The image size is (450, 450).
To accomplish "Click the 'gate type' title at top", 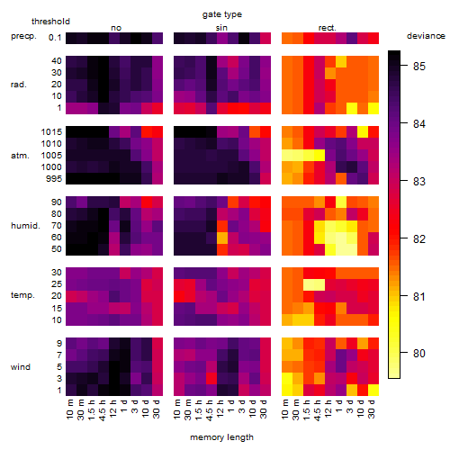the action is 222,14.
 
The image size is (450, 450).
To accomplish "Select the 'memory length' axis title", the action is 221,437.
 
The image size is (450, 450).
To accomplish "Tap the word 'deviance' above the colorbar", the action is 426,36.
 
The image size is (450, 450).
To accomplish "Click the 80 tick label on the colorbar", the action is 419,353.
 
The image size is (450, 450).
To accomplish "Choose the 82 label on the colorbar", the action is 419,239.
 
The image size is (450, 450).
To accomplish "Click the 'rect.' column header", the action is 328,28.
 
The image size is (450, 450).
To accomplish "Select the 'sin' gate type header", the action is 221,28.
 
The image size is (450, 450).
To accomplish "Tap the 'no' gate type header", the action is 116,28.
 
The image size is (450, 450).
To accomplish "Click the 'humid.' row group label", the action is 25,226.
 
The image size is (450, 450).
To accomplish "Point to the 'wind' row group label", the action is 21,367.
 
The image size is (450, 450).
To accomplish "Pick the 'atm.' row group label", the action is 20,156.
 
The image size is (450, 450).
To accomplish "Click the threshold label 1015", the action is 51,132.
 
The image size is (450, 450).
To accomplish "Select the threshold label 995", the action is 54,179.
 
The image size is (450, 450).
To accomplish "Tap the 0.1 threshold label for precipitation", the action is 55,38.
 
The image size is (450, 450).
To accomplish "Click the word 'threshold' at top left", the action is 50,22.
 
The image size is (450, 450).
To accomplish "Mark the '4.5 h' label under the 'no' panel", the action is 103,409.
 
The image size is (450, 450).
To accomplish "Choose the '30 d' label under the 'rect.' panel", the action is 371,409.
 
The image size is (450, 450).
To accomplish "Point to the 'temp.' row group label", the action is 22,295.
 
